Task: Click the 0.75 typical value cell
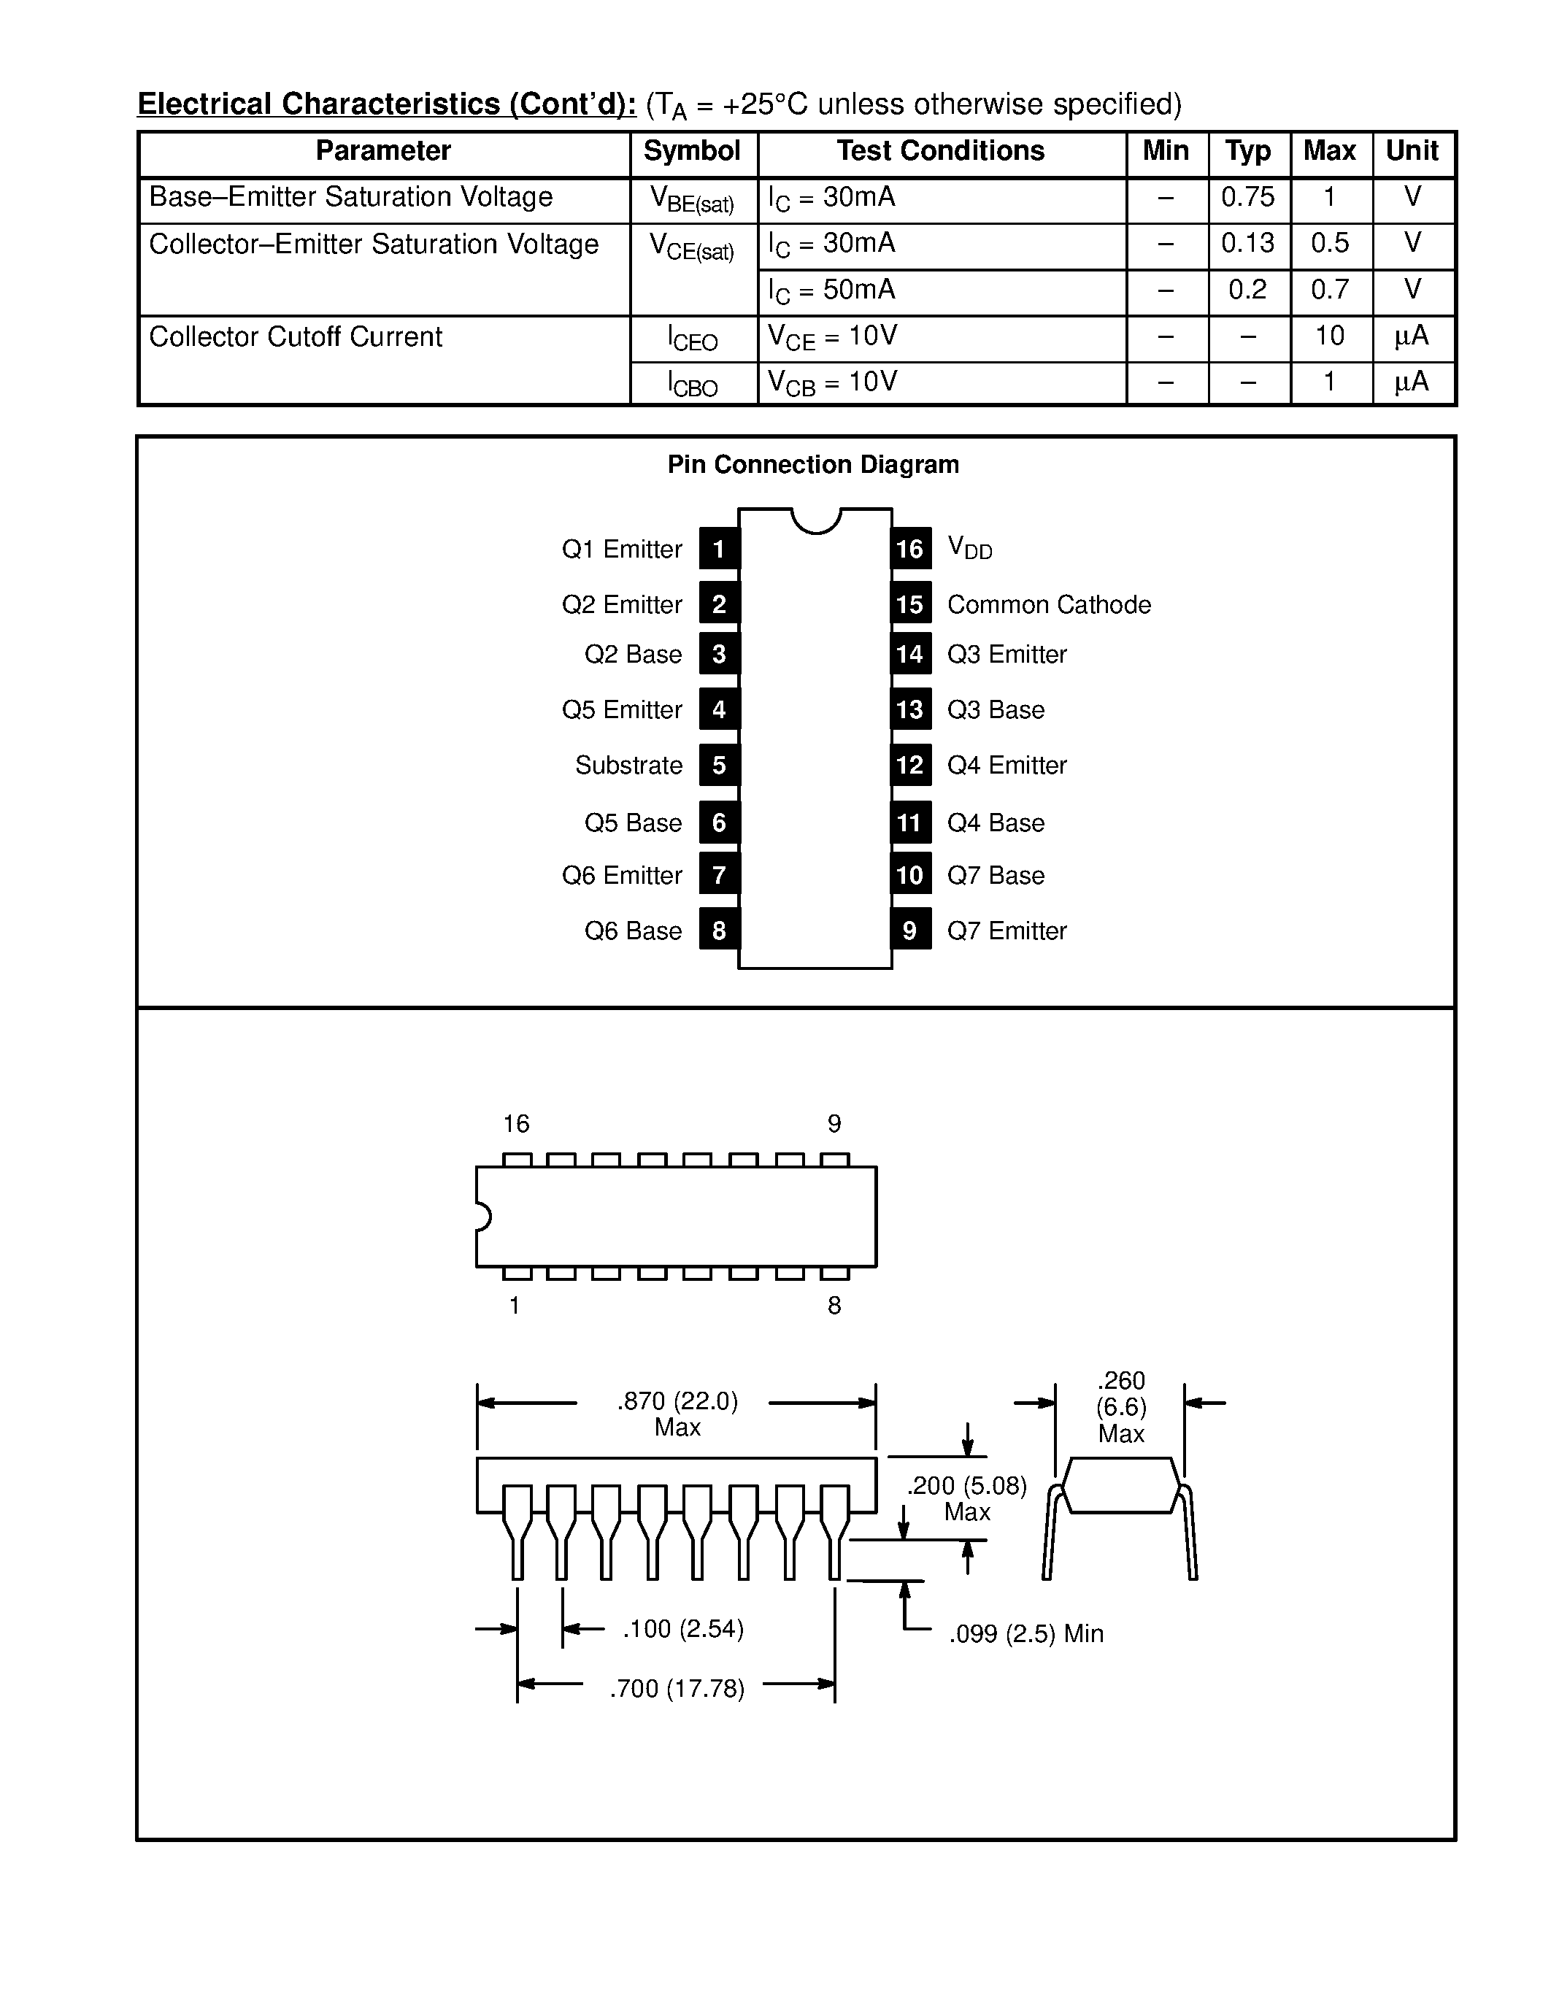click(x=1248, y=198)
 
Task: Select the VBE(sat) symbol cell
click(x=692, y=199)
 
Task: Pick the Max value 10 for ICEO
click(x=1330, y=336)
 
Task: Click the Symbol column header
click(x=692, y=152)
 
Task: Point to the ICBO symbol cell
click(x=693, y=384)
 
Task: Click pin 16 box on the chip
click(x=909, y=550)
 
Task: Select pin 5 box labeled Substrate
click(x=718, y=766)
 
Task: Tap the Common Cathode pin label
click(x=1048, y=605)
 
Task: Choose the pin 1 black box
click(x=718, y=550)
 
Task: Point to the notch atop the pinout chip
click(x=816, y=520)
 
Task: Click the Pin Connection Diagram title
click(x=813, y=465)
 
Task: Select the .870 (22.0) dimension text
click(x=677, y=1401)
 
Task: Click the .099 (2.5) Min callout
click(x=1025, y=1634)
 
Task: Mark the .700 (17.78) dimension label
click(x=677, y=1689)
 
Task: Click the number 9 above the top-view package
click(x=834, y=1124)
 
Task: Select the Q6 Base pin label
click(x=633, y=931)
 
